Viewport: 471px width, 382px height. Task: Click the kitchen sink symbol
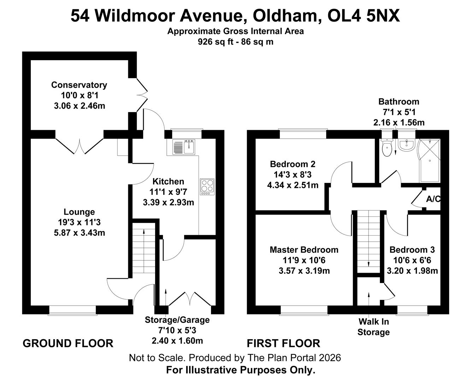tap(184, 147)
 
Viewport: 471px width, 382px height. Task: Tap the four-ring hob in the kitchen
tap(207, 187)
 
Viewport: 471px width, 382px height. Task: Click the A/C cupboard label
tap(433, 199)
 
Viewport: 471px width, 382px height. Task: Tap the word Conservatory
tap(79, 85)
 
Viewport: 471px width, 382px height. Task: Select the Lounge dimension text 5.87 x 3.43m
tap(79, 233)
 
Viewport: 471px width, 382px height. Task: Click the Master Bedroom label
tap(304, 250)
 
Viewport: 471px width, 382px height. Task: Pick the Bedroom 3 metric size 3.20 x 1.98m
tap(412, 271)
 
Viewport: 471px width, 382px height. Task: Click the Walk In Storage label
tap(373, 327)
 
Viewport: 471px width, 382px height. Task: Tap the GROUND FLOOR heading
tap(68, 343)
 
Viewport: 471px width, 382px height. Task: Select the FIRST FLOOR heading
tap(283, 343)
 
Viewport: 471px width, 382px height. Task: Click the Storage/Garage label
tap(177, 320)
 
